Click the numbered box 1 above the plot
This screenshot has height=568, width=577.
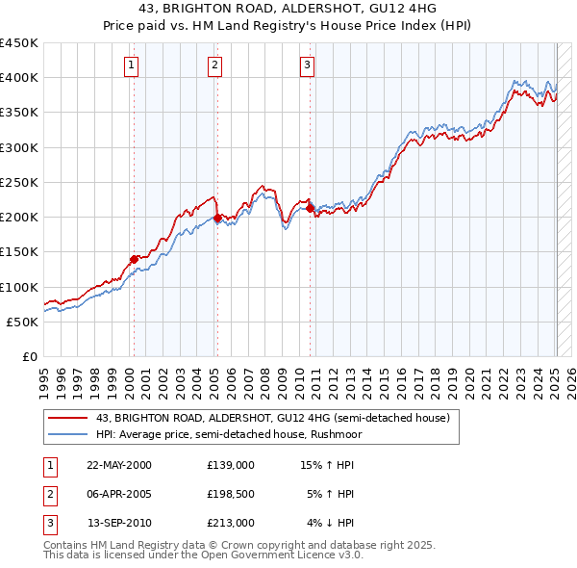tap(131, 65)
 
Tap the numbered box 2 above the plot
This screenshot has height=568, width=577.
tap(213, 65)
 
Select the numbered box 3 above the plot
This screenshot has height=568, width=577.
tap(307, 65)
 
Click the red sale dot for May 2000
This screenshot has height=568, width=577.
tap(134, 259)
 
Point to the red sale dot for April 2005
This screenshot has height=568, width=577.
tap(217, 218)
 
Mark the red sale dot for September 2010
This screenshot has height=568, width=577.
tap(310, 208)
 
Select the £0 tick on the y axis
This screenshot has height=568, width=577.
tap(29, 356)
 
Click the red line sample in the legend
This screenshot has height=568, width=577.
tap(66, 419)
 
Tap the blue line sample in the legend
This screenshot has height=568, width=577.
tap(66, 435)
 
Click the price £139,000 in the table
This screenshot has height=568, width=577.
tap(231, 465)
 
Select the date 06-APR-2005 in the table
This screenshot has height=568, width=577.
tap(119, 494)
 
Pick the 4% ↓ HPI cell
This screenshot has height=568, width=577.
tap(331, 524)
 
